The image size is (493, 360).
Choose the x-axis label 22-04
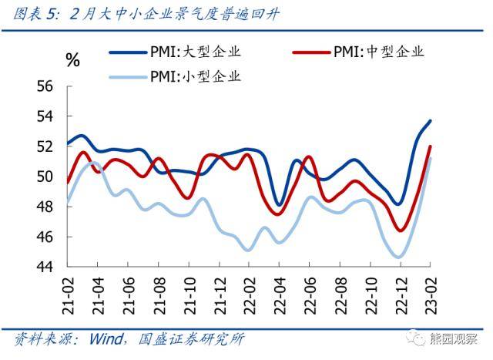point(279,292)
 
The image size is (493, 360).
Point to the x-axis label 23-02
point(430,292)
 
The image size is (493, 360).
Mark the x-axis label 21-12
point(218,292)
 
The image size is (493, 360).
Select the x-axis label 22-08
point(339,292)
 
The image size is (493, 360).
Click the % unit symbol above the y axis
point(73,60)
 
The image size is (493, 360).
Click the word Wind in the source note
point(107,339)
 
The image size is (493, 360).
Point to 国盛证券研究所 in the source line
point(192,339)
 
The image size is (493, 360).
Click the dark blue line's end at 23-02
point(430,120)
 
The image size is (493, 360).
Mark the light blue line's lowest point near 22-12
point(399,257)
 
